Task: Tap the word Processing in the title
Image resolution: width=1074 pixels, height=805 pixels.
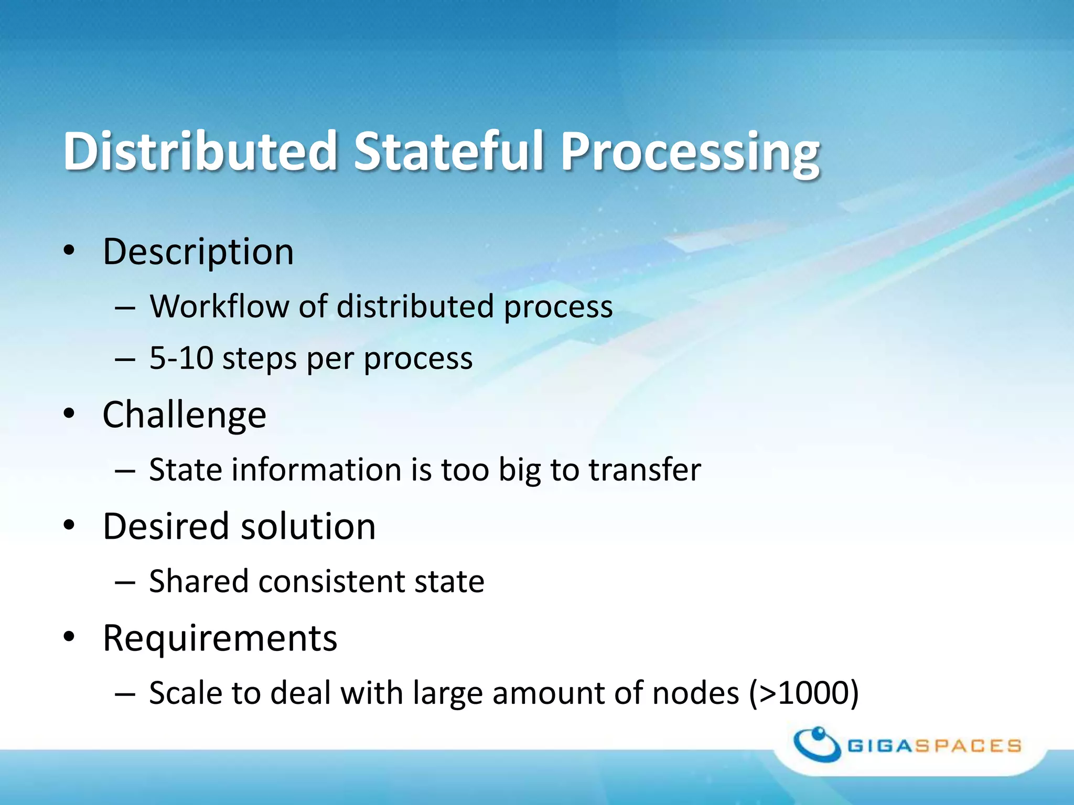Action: coord(690,152)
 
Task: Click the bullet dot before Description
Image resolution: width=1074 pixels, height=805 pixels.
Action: coord(69,251)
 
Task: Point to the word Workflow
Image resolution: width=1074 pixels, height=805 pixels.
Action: coord(219,306)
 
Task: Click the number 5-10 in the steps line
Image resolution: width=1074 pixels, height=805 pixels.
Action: coord(180,358)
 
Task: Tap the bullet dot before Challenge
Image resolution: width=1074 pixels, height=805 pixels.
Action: coord(69,414)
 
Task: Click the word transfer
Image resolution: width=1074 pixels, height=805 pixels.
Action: coord(645,469)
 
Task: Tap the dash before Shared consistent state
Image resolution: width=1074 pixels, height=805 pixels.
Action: coord(125,582)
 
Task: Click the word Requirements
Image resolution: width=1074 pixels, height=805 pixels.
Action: coord(220,638)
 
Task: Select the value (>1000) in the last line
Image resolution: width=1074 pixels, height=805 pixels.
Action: coord(803,693)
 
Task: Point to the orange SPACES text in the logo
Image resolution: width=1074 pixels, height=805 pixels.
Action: coord(968,746)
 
